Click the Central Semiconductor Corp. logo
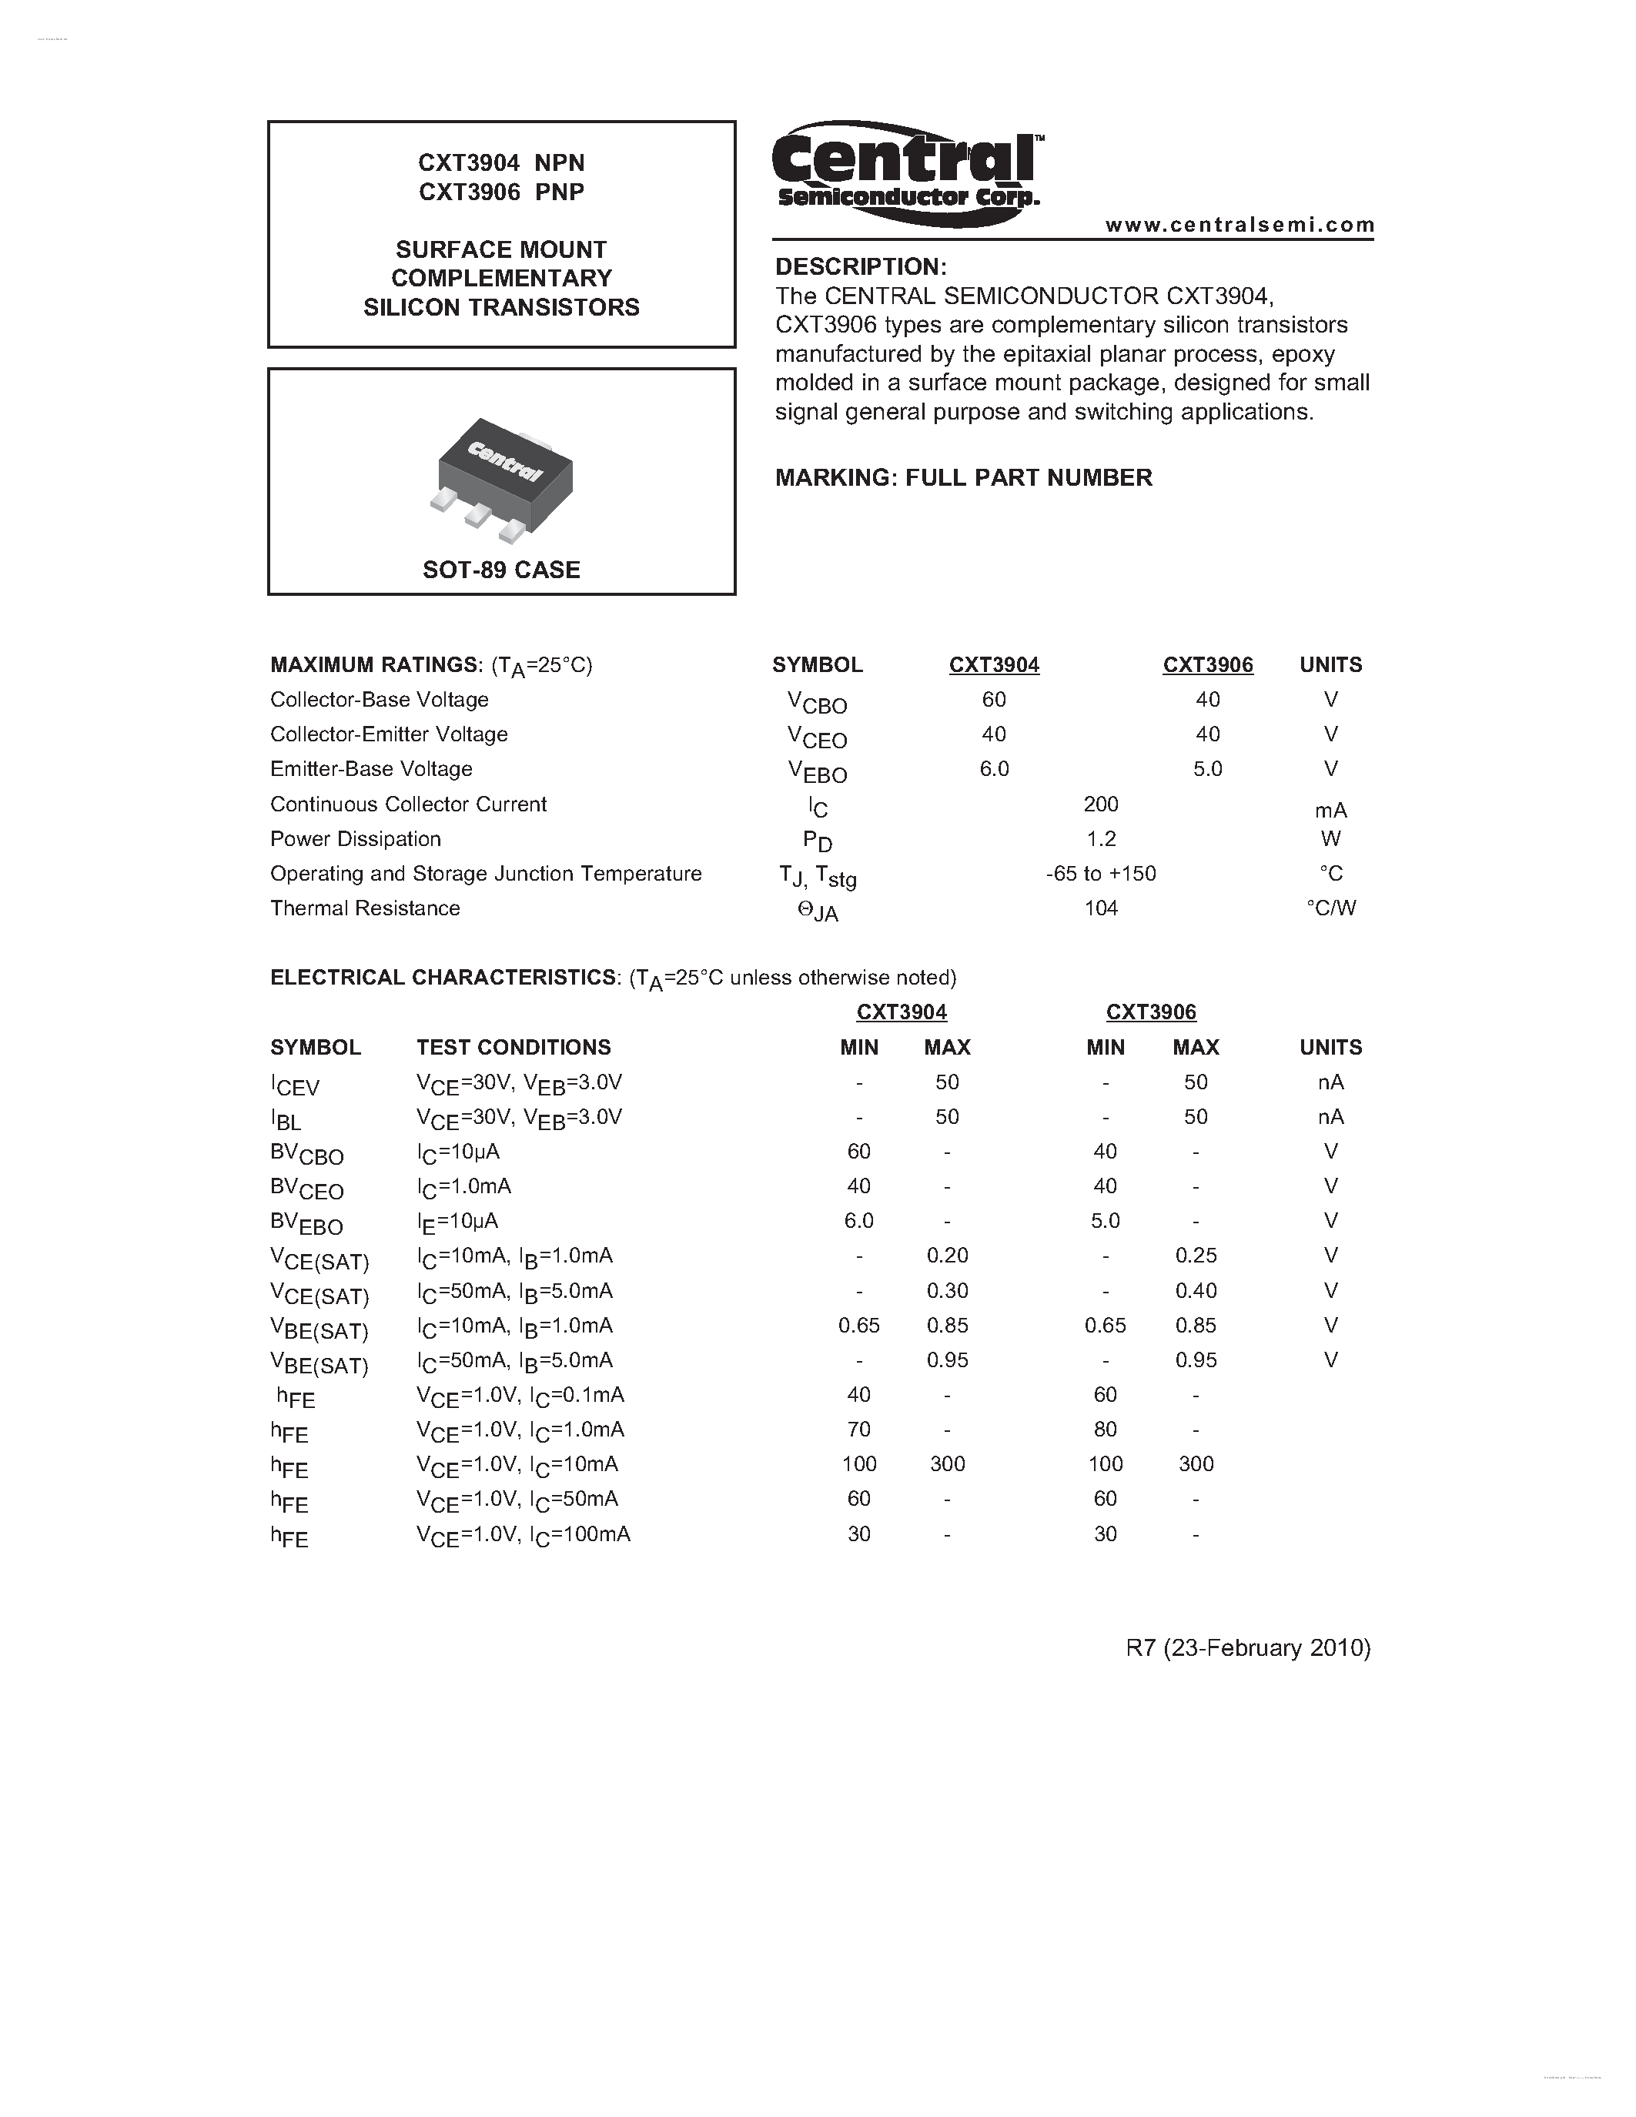pyautogui.click(x=907, y=172)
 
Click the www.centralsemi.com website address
pyautogui.click(x=1240, y=225)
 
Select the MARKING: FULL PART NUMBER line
pyautogui.click(x=963, y=478)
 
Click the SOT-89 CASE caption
pyautogui.click(x=501, y=570)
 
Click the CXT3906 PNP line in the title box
pyautogui.click(x=501, y=192)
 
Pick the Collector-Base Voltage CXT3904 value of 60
pyautogui.click(x=993, y=700)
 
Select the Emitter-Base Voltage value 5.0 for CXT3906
pyautogui.click(x=1208, y=770)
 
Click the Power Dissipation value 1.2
pyautogui.click(x=1101, y=839)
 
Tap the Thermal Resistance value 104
pyautogui.click(x=1101, y=909)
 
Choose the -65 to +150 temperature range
pyautogui.click(x=1101, y=875)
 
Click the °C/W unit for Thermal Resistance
pyautogui.click(x=1330, y=909)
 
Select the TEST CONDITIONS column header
pyautogui.click(x=514, y=1048)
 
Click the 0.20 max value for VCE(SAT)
pyautogui.click(x=947, y=1256)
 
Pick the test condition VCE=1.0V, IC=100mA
pyautogui.click(x=524, y=1534)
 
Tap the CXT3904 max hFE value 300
pyautogui.click(x=947, y=1465)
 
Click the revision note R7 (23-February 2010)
pyautogui.click(x=1247, y=1649)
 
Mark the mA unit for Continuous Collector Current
pyautogui.click(x=1330, y=811)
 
